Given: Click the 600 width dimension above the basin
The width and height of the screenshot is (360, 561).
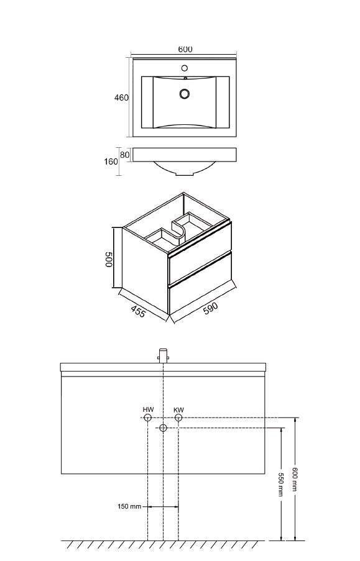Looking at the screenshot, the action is pyautogui.click(x=185, y=49).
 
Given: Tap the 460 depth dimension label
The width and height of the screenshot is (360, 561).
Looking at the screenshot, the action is pyautogui.click(x=121, y=98).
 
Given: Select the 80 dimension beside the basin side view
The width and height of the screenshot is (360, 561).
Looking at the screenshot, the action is pyautogui.click(x=124, y=155).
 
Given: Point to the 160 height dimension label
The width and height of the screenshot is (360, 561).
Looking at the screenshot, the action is pyautogui.click(x=111, y=162).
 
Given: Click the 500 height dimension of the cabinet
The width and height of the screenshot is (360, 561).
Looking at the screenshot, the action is pyautogui.click(x=109, y=259).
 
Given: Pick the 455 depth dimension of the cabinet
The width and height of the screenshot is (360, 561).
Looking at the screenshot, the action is pyautogui.click(x=138, y=311).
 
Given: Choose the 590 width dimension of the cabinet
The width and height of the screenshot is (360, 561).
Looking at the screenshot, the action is pyautogui.click(x=210, y=308).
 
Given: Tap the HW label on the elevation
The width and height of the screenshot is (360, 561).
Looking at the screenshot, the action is pyautogui.click(x=148, y=409).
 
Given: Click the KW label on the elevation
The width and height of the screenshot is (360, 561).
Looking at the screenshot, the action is pyautogui.click(x=178, y=409).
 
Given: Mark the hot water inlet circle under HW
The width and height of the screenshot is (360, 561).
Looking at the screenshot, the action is pyautogui.click(x=147, y=417).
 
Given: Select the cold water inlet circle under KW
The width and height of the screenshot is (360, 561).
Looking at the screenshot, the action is pyautogui.click(x=178, y=417).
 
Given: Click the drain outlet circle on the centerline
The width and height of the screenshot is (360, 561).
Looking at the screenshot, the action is pyautogui.click(x=163, y=427).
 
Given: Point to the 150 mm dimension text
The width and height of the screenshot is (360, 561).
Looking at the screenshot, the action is pyautogui.click(x=129, y=506).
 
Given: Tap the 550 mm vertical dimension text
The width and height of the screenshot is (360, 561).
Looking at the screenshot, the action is pyautogui.click(x=281, y=485).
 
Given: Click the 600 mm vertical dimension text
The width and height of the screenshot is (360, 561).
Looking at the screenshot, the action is pyautogui.click(x=295, y=480).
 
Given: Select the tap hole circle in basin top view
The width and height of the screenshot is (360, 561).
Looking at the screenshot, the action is pyautogui.click(x=185, y=68).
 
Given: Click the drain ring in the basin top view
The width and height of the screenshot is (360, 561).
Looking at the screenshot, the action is pyautogui.click(x=185, y=94).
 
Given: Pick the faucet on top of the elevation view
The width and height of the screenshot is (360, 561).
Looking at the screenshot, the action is pyautogui.click(x=164, y=356).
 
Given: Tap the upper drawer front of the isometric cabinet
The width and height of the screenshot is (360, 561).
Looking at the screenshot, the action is pyautogui.click(x=200, y=252).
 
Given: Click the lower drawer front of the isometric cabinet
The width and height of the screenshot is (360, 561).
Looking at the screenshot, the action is pyautogui.click(x=200, y=283).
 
